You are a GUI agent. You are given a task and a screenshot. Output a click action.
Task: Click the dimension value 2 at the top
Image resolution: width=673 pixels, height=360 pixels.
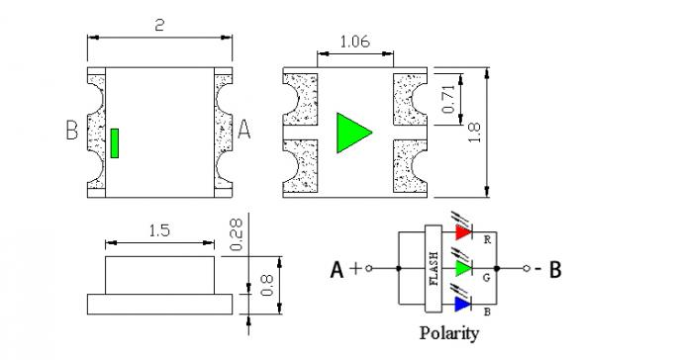coord(159,25)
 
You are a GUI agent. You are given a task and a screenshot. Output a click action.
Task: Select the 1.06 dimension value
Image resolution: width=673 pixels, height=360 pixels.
coord(354,42)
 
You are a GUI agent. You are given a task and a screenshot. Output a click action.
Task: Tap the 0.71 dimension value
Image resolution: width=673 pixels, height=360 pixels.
coord(447,99)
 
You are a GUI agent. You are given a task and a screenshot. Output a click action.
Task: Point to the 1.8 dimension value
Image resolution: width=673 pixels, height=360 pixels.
coord(475,133)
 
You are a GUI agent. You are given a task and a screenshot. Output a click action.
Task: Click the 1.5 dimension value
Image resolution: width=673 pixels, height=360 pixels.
coord(159,230)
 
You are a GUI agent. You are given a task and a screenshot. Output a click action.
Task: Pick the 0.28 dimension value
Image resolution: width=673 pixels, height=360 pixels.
coord(237,234)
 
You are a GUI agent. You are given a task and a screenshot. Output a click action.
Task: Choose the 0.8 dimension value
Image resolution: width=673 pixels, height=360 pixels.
coord(266,285)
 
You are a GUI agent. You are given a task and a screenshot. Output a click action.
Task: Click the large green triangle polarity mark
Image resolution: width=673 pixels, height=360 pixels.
coord(353,133)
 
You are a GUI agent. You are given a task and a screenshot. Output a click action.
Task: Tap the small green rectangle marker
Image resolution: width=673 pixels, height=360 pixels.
coord(115,143)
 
